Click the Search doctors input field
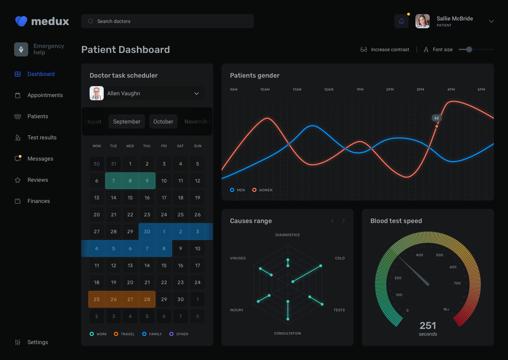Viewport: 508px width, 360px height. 168,21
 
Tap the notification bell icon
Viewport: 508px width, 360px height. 401,21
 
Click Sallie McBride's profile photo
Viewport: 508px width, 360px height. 422,21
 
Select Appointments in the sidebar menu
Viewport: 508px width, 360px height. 45,95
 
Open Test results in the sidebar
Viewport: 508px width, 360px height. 42,138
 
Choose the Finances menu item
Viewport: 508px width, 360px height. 38,201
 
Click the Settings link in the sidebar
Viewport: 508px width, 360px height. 37,342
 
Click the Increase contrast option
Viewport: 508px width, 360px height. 385,50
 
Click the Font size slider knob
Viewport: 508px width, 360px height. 469,49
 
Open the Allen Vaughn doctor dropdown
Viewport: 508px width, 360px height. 147,94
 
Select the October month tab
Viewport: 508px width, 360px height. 163,122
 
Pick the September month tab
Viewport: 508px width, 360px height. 127,122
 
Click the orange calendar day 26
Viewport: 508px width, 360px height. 114,299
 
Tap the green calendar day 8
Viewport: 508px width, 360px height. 130,181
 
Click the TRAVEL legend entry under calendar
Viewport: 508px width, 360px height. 124,334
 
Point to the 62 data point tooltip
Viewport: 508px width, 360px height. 437,118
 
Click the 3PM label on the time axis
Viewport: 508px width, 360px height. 420,90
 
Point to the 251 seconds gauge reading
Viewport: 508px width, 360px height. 428,328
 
